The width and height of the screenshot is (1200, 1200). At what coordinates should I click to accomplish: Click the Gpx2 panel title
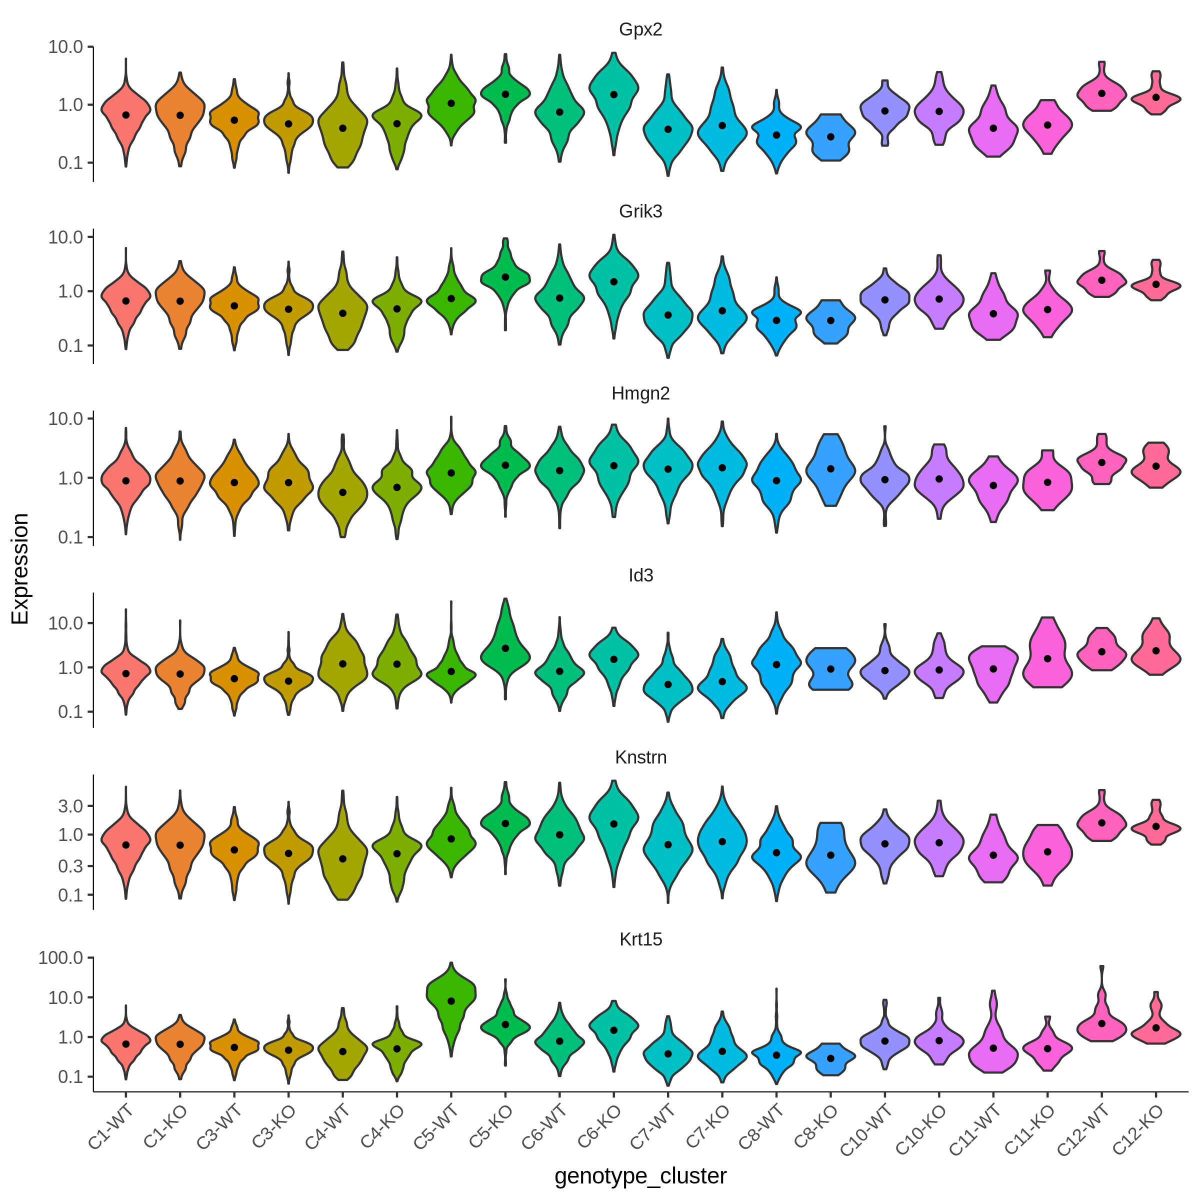[640, 30]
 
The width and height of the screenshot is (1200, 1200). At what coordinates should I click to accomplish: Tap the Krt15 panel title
[640, 939]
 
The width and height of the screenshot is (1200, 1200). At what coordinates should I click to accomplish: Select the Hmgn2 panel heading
[640, 394]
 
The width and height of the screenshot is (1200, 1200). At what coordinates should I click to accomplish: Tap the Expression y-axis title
[20, 569]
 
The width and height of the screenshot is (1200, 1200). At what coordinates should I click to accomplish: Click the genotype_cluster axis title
[640, 1176]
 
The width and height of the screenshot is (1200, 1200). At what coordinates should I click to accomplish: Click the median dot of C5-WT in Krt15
[451, 1001]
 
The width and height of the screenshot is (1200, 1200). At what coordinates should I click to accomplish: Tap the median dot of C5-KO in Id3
[505, 648]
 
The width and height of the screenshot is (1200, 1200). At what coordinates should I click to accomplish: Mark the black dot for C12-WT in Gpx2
[1102, 93]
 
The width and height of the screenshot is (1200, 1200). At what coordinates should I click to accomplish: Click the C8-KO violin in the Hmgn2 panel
[830, 469]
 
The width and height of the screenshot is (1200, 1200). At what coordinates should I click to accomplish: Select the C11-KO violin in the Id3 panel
[1048, 652]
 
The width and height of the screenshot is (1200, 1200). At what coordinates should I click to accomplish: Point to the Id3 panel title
[640, 576]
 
